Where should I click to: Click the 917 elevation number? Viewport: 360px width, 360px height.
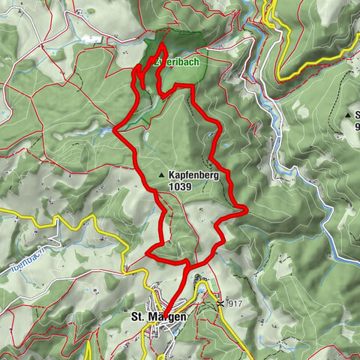click(x=234, y=304)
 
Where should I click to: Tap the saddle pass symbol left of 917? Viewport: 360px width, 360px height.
click(x=219, y=304)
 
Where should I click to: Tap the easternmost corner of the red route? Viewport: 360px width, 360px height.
click(x=246, y=211)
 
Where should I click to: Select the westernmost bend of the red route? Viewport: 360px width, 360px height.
click(x=114, y=130)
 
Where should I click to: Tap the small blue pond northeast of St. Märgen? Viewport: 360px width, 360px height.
click(x=199, y=285)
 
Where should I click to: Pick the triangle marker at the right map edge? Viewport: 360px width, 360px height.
click(x=349, y=115)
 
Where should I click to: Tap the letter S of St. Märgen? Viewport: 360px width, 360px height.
click(x=135, y=316)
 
